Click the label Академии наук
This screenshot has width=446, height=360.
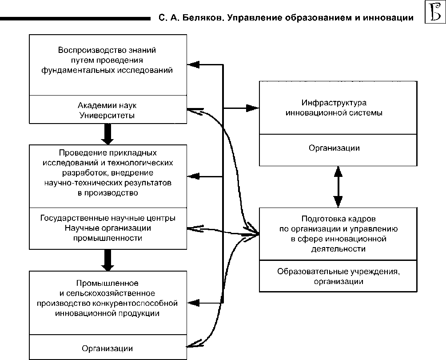pos(107,106)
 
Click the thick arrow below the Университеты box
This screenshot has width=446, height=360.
pos(107,133)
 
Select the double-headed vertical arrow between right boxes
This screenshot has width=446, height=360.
pos(338,187)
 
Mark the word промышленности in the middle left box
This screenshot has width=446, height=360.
pos(108,238)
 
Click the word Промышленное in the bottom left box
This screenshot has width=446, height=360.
pos(108,283)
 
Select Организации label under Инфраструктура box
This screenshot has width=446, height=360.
pos(334,148)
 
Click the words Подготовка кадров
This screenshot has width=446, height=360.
pos(338,219)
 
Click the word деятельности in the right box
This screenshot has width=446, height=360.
pos(338,249)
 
